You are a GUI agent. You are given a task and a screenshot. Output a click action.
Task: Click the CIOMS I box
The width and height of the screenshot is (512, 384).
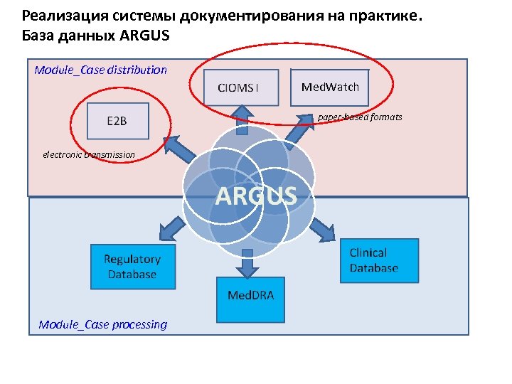tap(238, 88)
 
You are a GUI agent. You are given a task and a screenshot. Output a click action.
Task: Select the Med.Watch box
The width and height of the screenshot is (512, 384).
tap(330, 87)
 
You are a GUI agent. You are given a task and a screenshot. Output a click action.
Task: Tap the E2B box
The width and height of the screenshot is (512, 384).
tap(117, 121)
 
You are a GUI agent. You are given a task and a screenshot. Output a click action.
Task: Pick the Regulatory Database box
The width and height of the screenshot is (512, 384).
tap(132, 267)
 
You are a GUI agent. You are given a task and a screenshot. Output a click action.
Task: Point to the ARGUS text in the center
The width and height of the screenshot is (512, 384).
tap(256, 195)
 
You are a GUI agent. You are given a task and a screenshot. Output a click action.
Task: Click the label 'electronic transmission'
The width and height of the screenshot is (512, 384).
tap(89, 154)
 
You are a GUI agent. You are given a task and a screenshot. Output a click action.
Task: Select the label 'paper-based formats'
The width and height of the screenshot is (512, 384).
tap(360, 117)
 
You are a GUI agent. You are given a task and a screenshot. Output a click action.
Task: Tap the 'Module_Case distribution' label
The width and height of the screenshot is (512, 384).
tap(100, 70)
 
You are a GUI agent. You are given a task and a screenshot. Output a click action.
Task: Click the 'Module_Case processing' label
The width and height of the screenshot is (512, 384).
tap(103, 324)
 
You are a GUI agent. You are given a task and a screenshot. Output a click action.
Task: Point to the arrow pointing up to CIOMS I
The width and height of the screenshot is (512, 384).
tap(242, 119)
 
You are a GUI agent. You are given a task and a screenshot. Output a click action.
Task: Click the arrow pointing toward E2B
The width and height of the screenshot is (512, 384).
tap(182, 147)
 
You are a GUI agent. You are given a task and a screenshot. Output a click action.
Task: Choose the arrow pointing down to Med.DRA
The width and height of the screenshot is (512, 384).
tap(247, 265)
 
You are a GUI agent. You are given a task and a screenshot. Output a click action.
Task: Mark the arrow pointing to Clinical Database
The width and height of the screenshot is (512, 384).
tap(321, 228)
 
